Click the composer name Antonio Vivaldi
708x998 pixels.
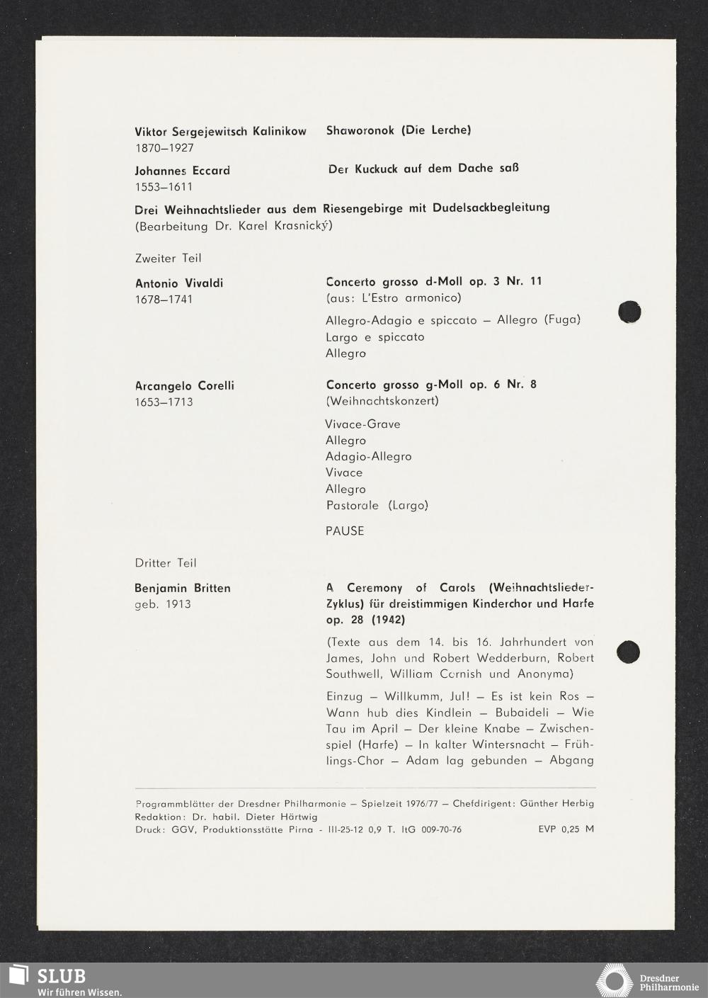pyautogui.click(x=179, y=283)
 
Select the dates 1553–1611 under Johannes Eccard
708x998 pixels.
pyautogui.click(x=164, y=187)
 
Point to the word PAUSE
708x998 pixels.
pyautogui.click(x=345, y=531)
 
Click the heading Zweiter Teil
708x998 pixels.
pyautogui.click(x=169, y=259)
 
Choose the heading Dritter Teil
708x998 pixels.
pyautogui.click(x=166, y=563)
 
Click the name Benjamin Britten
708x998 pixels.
pyautogui.click(x=183, y=588)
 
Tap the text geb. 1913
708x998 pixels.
pyautogui.click(x=163, y=604)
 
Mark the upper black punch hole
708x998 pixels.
pyautogui.click(x=629, y=312)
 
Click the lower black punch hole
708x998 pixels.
pyautogui.click(x=629, y=652)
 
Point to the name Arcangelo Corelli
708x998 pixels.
pyautogui.click(x=185, y=386)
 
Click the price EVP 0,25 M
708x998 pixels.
pyautogui.click(x=566, y=829)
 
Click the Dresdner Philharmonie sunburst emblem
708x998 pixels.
pyautogui.click(x=613, y=980)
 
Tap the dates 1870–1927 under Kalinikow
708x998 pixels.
pyautogui.click(x=164, y=148)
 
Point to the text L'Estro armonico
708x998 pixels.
pyautogui.click(x=411, y=297)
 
